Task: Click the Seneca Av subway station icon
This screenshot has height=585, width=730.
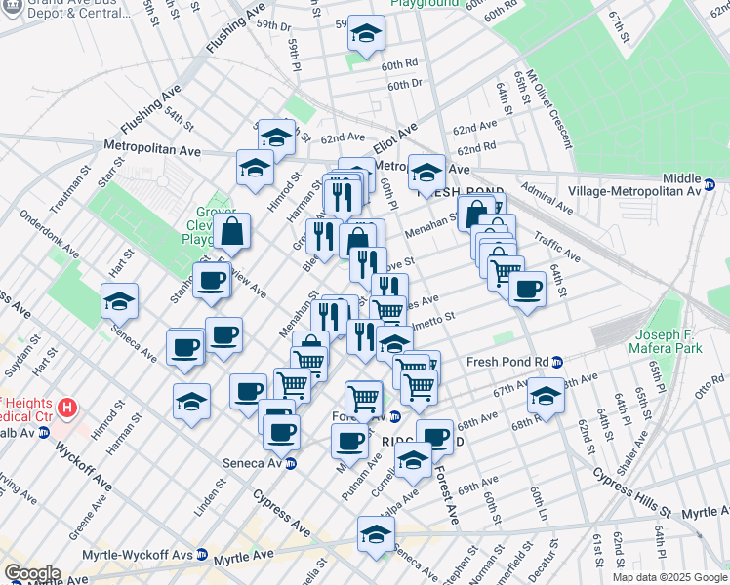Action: [291, 463]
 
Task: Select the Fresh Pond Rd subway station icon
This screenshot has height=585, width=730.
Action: [556, 362]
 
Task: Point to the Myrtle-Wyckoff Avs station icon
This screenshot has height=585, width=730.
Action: [202, 554]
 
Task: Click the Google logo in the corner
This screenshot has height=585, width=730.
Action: [32, 573]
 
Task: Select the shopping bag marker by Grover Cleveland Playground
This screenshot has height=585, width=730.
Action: [233, 231]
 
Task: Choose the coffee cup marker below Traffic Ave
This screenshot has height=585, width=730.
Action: [527, 289]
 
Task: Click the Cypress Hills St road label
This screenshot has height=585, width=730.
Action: [634, 510]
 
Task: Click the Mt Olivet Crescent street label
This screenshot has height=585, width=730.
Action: [547, 107]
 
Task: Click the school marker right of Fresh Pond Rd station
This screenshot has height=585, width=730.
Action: [546, 396]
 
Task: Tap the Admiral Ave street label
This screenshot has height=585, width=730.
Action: [547, 196]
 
